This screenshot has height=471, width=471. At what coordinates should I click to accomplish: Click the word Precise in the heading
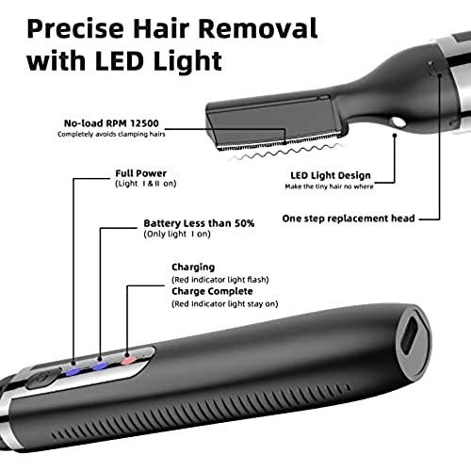[75, 29]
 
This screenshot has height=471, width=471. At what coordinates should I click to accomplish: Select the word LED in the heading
[119, 60]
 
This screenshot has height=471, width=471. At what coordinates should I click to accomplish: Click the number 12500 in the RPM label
[145, 123]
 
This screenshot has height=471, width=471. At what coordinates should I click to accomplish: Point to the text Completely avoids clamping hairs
[111, 135]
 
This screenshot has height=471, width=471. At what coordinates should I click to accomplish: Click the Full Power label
[141, 173]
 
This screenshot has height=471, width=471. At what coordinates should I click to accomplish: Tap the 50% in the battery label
[245, 223]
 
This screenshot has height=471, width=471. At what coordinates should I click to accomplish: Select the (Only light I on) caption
[177, 234]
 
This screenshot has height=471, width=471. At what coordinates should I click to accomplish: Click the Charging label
[193, 268]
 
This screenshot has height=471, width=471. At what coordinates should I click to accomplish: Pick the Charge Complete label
[212, 291]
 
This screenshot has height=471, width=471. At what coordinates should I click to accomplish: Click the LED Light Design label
[331, 175]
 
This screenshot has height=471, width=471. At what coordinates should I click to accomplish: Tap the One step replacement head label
[349, 219]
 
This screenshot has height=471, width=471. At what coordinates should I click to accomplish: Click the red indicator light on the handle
[128, 361]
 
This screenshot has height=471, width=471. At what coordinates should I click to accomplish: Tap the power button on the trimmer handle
[41, 378]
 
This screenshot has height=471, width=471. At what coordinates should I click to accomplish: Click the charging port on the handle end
[411, 333]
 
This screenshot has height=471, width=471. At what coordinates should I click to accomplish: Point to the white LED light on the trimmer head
[398, 122]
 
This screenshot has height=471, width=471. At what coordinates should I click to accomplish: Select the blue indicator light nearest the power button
[73, 372]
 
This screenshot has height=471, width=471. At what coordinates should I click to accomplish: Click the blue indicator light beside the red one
[101, 366]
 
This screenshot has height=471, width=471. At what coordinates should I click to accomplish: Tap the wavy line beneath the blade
[285, 152]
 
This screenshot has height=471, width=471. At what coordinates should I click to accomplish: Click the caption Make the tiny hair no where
[329, 187]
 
